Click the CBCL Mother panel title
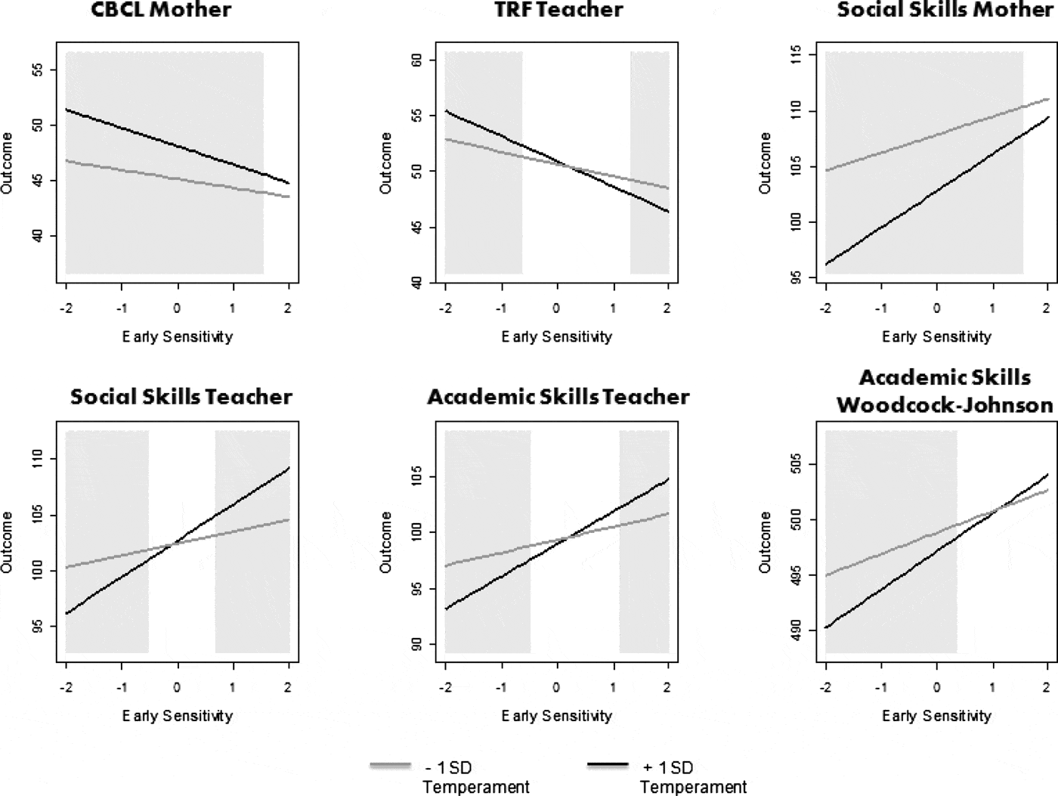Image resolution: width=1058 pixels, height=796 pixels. [x=161, y=10]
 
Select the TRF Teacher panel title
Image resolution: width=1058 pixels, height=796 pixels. [x=558, y=10]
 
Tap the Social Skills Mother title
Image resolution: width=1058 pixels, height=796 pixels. [x=945, y=10]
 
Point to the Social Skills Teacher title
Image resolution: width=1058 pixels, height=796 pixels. [x=181, y=397]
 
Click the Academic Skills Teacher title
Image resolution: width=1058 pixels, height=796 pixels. [x=558, y=397]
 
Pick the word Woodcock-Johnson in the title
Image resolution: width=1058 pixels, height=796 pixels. [x=945, y=405]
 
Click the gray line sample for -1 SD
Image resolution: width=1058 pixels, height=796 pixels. [x=391, y=766]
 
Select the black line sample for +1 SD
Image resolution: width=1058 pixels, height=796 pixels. [x=608, y=766]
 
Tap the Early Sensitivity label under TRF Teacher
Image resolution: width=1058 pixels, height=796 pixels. [x=557, y=336]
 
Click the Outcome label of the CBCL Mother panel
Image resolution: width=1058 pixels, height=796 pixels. [x=8, y=163]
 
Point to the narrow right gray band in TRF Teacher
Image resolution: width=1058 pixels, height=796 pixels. [x=650, y=163]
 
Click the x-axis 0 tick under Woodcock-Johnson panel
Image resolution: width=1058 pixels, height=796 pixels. [x=936, y=687]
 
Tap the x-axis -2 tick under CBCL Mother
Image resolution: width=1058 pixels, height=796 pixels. [x=66, y=308]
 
